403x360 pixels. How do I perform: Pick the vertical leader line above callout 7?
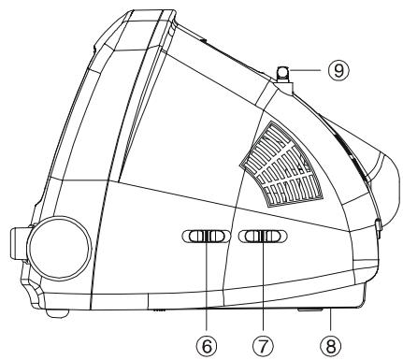[265, 290]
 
